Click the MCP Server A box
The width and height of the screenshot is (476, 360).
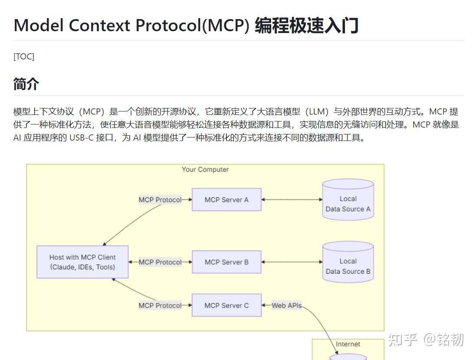(227, 200)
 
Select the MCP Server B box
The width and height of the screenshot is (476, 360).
(227, 262)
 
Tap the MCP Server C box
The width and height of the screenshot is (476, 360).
(227, 305)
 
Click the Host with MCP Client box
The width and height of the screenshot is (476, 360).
(82, 262)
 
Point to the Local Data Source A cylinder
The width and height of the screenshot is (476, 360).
(348, 200)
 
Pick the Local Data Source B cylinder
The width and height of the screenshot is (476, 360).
(348, 263)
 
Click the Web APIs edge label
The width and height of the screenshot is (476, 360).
(286, 305)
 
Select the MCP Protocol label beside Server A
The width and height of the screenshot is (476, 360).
(160, 200)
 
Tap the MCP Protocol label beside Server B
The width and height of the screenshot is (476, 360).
(160, 262)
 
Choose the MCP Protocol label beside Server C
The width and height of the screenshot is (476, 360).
(160, 305)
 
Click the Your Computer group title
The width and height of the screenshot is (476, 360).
(205, 169)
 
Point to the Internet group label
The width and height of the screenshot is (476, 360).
(348, 344)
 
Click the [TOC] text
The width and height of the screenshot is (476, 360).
(24, 56)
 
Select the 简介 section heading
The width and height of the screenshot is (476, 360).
(26, 84)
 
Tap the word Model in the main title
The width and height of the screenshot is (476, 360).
(39, 25)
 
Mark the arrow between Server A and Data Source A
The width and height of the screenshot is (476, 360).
(292, 200)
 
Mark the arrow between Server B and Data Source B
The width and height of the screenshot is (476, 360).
(292, 262)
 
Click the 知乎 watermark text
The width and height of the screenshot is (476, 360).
(403, 340)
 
